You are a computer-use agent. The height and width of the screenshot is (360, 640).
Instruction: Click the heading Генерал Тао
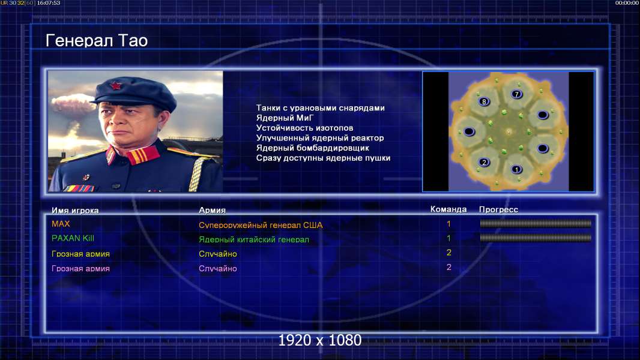point(96,41)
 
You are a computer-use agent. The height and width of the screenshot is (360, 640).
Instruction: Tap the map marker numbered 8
point(484,101)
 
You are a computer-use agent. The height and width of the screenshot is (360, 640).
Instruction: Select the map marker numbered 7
point(517,94)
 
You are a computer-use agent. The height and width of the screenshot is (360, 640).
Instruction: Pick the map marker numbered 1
point(517,169)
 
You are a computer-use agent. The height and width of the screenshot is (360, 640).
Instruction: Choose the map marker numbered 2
point(484,162)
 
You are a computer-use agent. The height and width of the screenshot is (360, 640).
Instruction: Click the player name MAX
point(61,224)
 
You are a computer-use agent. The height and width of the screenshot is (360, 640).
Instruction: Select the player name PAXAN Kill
point(73,238)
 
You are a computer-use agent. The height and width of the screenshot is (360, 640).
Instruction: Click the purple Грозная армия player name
point(80,269)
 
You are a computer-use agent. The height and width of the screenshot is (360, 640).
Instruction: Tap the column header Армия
point(213,211)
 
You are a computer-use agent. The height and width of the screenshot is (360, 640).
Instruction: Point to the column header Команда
point(448,209)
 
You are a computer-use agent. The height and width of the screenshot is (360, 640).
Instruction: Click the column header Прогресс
point(498,209)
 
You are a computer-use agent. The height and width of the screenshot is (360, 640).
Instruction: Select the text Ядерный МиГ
point(285,118)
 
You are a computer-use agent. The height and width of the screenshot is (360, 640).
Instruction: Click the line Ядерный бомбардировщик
point(313,148)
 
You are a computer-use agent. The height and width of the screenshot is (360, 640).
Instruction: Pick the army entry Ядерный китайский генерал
point(254,240)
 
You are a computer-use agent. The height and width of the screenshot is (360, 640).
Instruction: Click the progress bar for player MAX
point(536,223)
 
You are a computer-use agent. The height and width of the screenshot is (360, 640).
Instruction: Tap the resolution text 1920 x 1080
point(319,340)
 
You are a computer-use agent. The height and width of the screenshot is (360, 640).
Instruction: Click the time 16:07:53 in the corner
point(49,3)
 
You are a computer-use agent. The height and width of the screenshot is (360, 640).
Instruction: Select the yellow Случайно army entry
point(217,254)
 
